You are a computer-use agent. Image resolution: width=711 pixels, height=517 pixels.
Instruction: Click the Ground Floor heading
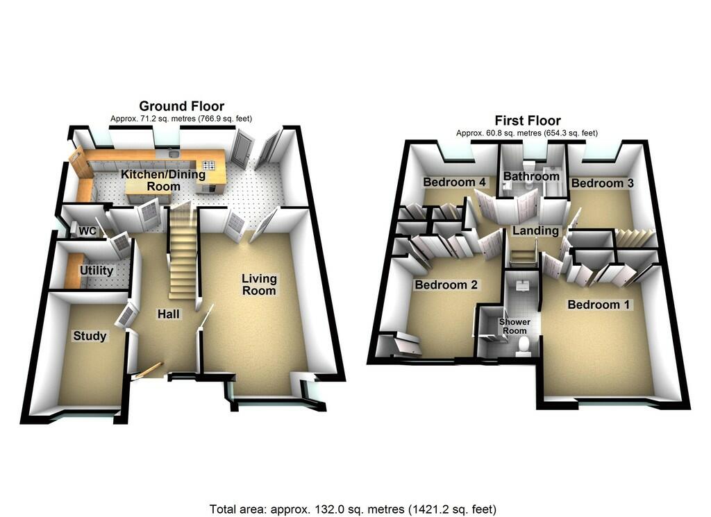(x=181, y=106)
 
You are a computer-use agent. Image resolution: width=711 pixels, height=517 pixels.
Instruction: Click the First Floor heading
(x=528, y=121)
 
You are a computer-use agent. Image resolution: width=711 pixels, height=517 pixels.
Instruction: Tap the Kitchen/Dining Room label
(x=163, y=180)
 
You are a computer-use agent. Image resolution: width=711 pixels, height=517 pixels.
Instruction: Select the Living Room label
(x=259, y=285)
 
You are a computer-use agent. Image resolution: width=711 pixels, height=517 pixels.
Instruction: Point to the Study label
(x=90, y=336)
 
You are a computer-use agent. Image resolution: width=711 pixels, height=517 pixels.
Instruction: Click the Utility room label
(x=96, y=271)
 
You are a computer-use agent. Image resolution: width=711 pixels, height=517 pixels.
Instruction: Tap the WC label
(x=87, y=231)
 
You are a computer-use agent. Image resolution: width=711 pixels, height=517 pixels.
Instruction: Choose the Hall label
(x=168, y=314)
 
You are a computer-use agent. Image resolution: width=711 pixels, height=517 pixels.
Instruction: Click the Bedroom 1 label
(x=599, y=305)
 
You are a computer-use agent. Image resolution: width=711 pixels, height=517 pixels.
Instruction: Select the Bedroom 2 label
(x=446, y=285)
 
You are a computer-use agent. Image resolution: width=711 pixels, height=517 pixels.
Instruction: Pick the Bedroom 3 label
(x=602, y=183)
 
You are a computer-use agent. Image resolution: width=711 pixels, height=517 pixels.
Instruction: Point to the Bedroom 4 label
(x=454, y=182)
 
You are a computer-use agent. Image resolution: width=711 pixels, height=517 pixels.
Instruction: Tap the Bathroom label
(x=531, y=176)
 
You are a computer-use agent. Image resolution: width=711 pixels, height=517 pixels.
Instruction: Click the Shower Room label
(x=515, y=326)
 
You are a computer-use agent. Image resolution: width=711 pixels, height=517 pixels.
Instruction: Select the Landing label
(x=535, y=230)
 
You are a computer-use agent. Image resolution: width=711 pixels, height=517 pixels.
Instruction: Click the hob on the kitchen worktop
(x=208, y=165)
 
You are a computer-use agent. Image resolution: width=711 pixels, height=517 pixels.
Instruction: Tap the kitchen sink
(x=172, y=153)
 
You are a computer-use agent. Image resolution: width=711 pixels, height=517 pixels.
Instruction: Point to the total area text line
(x=353, y=509)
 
